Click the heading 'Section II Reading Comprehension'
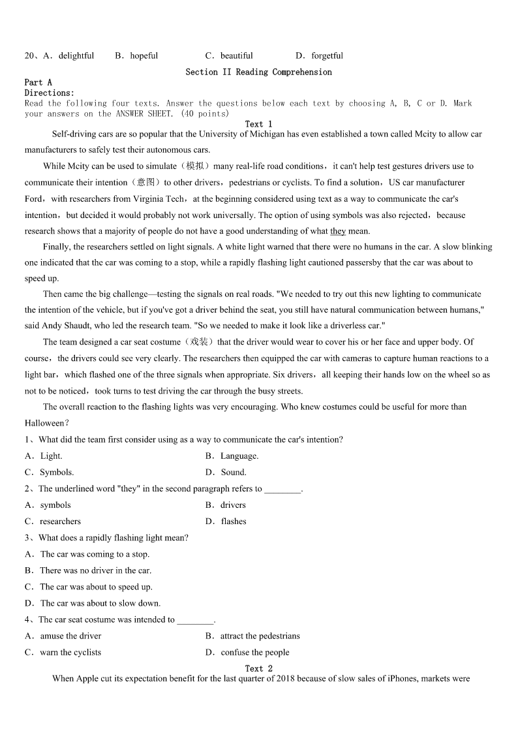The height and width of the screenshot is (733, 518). tap(258, 72)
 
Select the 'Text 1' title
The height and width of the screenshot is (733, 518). tap(258, 124)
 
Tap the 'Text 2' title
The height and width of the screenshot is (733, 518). tap(258, 668)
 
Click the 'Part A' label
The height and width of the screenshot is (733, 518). tap(38, 82)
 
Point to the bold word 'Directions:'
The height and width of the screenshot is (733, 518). tap(50, 93)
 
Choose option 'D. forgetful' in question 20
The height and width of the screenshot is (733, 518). tap(319, 55)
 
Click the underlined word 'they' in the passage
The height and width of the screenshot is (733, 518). tap(338, 231)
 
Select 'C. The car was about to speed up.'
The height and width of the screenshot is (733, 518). tap(89, 587)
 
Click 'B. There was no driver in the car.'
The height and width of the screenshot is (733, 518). tap(88, 570)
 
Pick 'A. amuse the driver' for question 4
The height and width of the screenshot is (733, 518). tap(63, 636)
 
